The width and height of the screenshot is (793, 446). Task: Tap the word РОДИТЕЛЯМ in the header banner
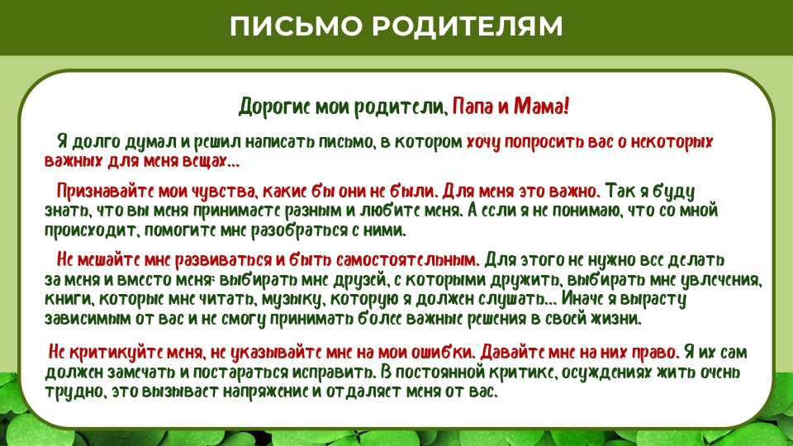[x=468, y=26]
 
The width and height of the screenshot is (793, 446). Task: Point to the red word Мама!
[x=542, y=107]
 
